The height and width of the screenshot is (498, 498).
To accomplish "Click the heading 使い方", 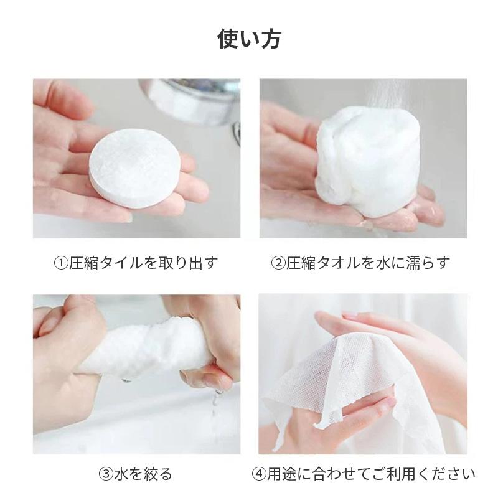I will tap(249, 38).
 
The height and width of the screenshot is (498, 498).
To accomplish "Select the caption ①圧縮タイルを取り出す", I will tap(136, 262).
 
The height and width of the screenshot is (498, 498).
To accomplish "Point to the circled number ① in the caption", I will tap(60, 263).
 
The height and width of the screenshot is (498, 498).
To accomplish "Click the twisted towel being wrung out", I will tap(149, 349).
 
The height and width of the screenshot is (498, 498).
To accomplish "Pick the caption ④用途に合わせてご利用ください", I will tap(364, 474).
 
